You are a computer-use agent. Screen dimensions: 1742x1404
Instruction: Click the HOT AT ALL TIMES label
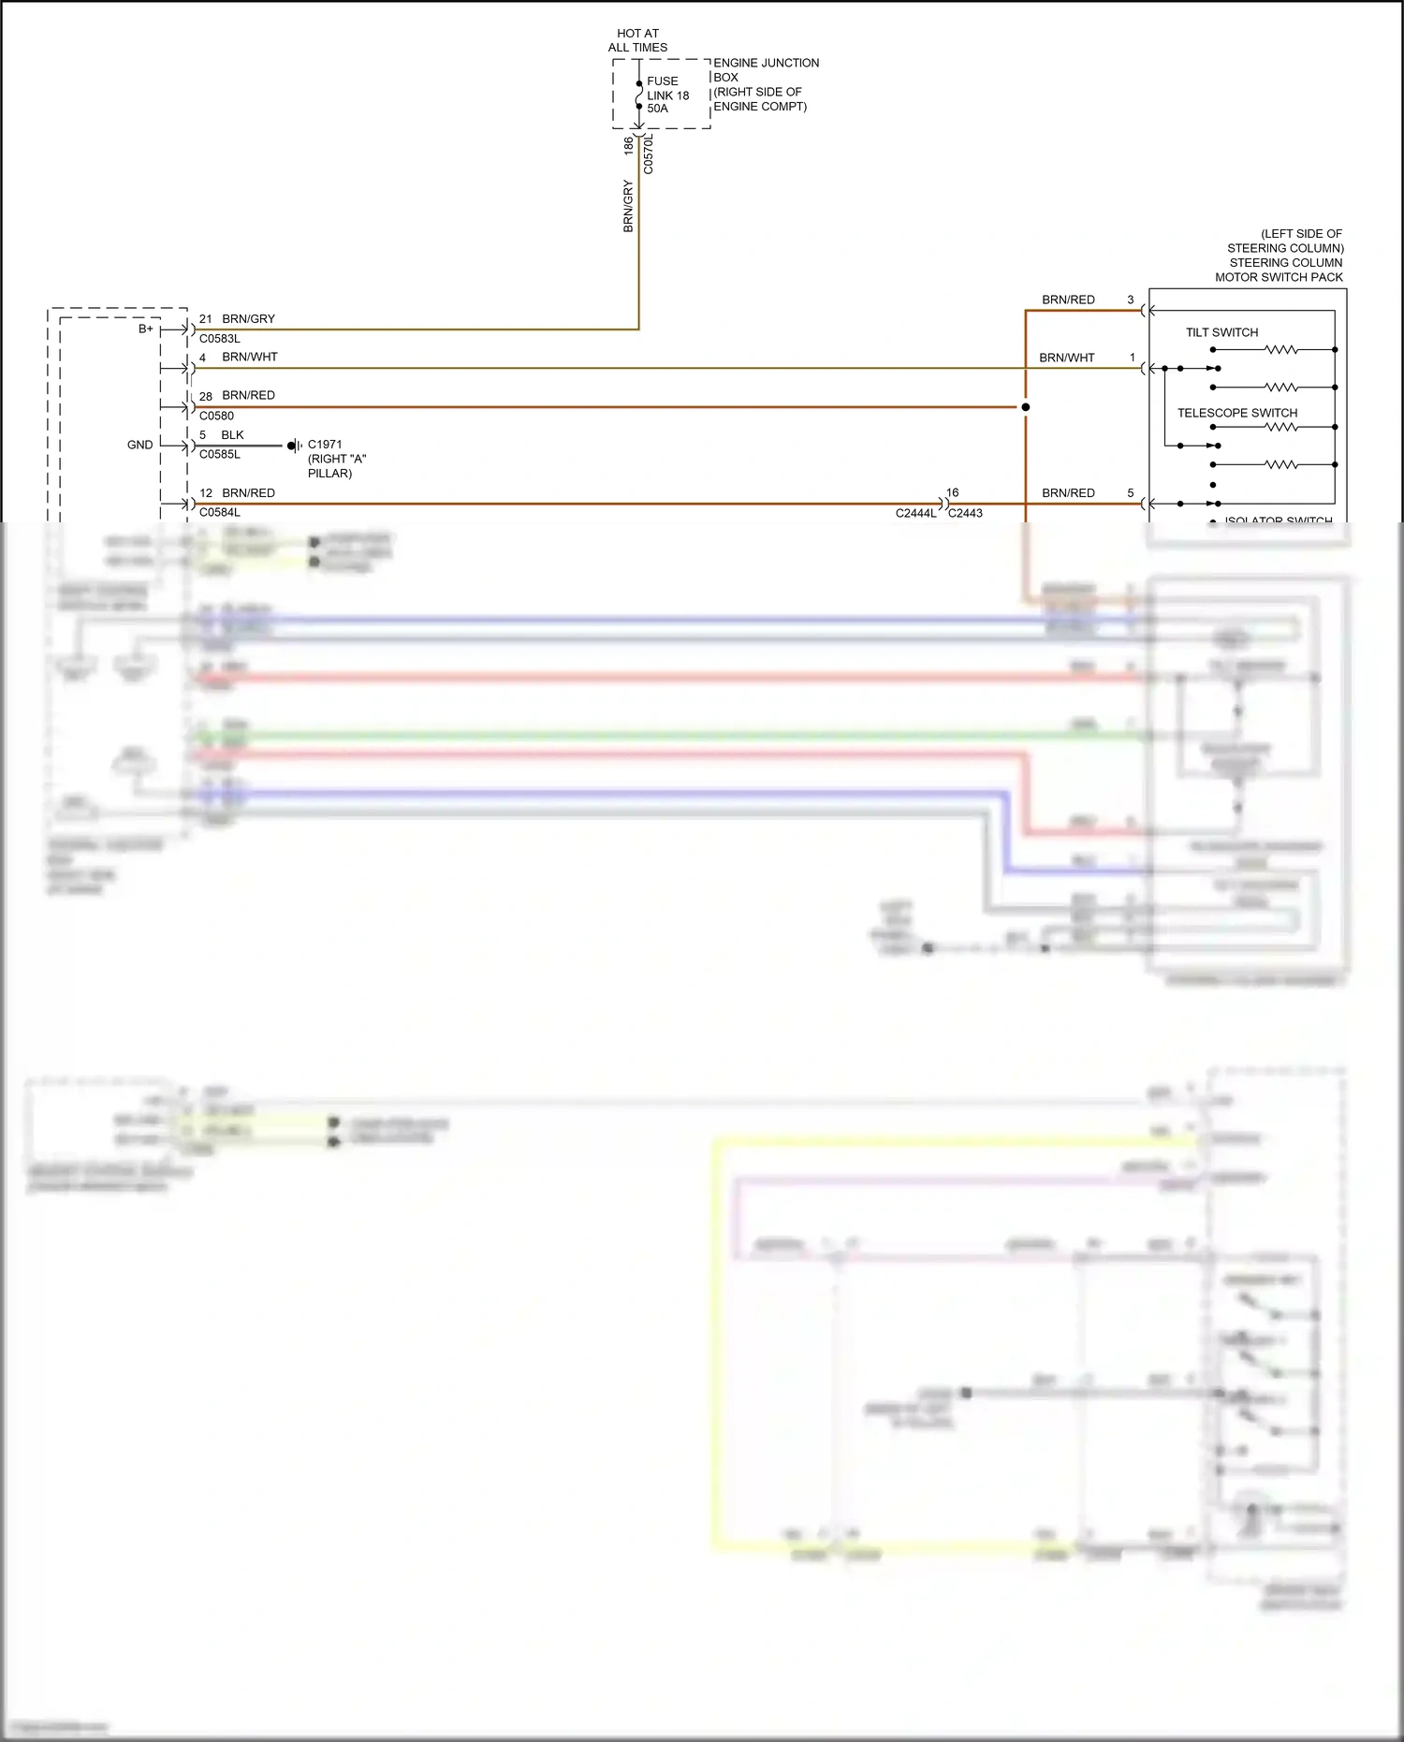(637, 40)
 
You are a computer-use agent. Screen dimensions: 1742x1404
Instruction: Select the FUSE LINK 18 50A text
(667, 95)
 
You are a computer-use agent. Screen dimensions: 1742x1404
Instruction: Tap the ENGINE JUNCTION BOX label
(765, 84)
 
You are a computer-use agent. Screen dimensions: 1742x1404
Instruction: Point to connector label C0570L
(649, 154)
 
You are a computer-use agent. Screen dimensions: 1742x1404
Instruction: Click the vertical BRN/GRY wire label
(628, 206)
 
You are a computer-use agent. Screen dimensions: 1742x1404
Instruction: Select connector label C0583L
(220, 339)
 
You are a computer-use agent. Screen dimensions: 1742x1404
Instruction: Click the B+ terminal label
(146, 329)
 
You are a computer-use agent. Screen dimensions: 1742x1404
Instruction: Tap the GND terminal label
(140, 445)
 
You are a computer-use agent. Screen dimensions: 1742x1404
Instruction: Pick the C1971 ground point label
(325, 445)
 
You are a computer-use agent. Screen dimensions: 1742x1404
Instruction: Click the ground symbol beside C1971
(294, 446)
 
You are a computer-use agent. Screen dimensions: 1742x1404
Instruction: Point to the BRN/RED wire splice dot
(1026, 407)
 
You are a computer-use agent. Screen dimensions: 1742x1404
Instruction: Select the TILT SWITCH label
(1221, 332)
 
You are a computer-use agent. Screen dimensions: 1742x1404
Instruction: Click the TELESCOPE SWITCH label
(1236, 413)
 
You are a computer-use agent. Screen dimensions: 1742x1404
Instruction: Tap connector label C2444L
(915, 513)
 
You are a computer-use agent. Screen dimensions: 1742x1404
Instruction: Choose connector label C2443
(966, 513)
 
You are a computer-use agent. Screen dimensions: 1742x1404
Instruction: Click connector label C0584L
(220, 512)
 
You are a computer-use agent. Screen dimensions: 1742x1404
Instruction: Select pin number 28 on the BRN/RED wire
(206, 396)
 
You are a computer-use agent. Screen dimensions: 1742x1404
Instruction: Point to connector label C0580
(216, 416)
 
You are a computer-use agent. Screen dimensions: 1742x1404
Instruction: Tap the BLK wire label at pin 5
(232, 435)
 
